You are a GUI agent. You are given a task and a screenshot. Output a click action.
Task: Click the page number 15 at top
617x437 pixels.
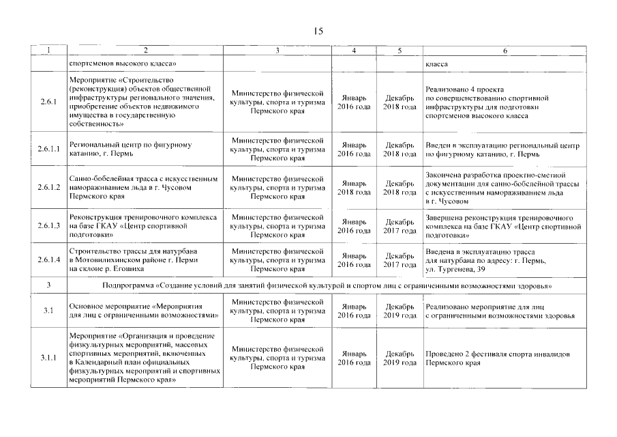(x=318, y=31)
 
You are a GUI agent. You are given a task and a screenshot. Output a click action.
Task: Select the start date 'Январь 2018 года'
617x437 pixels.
(x=354, y=188)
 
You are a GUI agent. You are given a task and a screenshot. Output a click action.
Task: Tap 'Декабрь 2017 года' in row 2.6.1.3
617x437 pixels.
(x=400, y=226)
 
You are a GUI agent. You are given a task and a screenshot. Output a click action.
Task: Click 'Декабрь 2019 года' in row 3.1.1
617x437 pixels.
(x=400, y=358)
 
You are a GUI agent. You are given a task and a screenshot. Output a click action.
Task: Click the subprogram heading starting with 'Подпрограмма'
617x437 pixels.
(x=327, y=285)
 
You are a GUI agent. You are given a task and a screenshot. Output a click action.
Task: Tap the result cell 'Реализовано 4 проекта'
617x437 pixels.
(x=464, y=89)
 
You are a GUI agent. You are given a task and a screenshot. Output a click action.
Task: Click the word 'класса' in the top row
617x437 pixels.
(x=436, y=64)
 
